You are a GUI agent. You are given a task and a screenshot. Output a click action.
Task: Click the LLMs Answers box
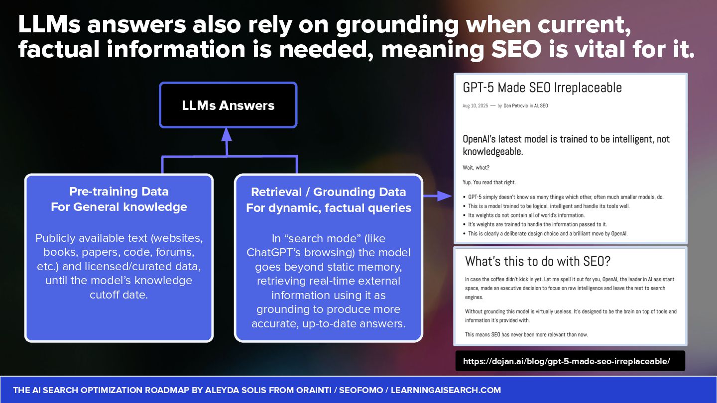(228, 105)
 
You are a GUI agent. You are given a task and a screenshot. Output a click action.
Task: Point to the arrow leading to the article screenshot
(439, 197)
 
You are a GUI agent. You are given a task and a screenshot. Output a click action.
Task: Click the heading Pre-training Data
(119, 192)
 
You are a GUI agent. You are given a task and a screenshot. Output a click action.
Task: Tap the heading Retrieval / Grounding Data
(329, 192)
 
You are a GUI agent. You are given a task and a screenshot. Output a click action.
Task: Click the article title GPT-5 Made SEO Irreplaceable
(542, 88)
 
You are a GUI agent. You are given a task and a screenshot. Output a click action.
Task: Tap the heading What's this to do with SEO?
(537, 261)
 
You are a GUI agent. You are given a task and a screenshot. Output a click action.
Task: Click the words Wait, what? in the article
(476, 168)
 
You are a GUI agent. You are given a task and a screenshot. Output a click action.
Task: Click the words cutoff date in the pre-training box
(119, 295)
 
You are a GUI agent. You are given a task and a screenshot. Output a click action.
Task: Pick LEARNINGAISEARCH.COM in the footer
(446, 390)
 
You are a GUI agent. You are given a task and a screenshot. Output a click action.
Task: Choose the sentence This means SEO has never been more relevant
(526, 334)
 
